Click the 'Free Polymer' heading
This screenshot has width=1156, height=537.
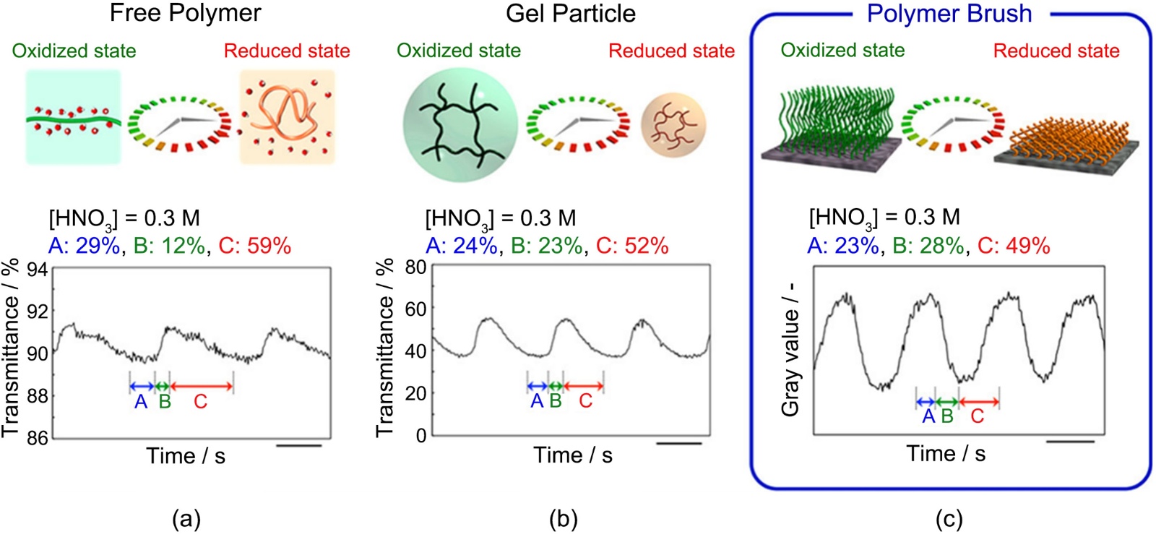(x=185, y=13)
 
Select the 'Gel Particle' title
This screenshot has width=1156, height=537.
(x=570, y=14)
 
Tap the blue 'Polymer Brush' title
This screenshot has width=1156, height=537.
(x=949, y=14)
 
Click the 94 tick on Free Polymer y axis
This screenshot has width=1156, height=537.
(x=38, y=270)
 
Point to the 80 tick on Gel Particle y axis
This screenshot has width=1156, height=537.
(x=415, y=267)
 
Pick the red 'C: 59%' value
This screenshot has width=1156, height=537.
(x=254, y=246)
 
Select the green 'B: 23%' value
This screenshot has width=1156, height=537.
(x=546, y=246)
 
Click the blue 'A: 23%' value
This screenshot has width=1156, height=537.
(x=843, y=246)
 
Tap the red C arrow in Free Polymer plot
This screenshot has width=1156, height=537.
(x=202, y=387)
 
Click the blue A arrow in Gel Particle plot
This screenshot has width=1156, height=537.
(x=538, y=387)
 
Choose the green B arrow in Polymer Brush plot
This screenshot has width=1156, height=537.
(x=947, y=402)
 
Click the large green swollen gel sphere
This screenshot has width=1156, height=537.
(x=460, y=124)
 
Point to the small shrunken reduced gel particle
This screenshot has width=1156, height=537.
(x=673, y=124)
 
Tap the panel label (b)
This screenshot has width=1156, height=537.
(x=564, y=519)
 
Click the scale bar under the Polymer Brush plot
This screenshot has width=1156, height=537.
(x=1070, y=440)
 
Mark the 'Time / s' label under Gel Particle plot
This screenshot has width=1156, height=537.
(x=572, y=455)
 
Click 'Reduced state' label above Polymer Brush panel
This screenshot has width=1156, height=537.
(x=1056, y=51)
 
